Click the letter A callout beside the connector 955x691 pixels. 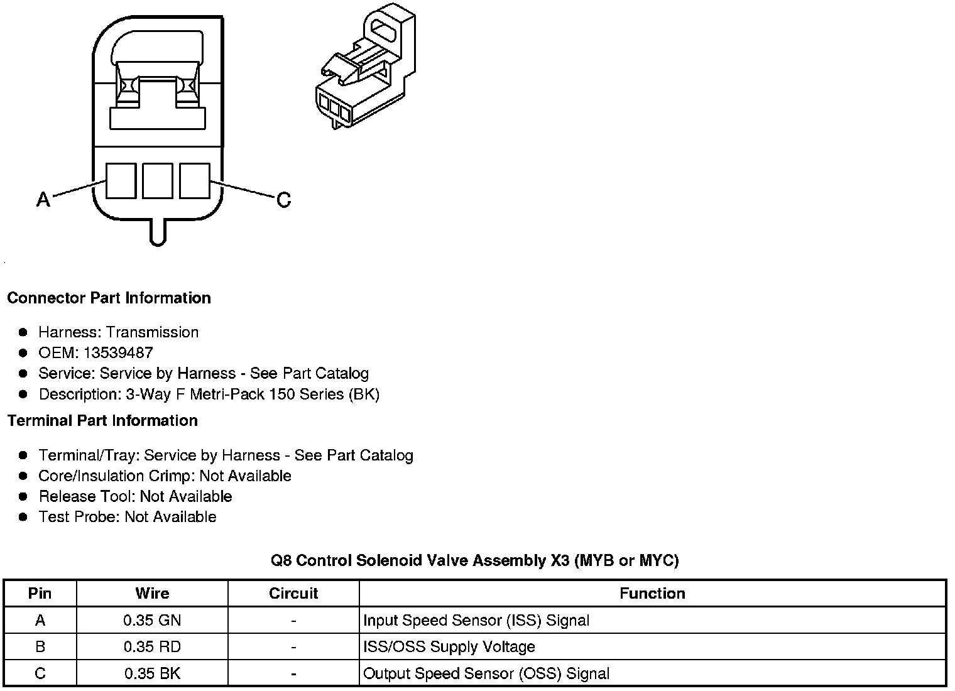(x=43, y=200)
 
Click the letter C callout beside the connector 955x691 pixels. (x=284, y=200)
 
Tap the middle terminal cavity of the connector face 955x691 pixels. (x=158, y=181)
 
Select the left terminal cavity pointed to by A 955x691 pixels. (x=121, y=181)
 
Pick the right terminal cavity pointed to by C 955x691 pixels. (x=195, y=181)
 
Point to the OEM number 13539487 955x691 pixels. (x=118, y=353)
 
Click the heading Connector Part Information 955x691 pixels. (x=109, y=298)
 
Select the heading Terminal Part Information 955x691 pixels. (x=102, y=420)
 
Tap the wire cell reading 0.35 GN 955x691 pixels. (x=152, y=621)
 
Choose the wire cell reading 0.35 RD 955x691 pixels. (x=152, y=647)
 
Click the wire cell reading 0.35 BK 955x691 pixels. (x=152, y=673)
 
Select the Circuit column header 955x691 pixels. (x=293, y=594)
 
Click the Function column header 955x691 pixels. (x=652, y=594)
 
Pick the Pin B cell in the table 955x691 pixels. (x=40, y=647)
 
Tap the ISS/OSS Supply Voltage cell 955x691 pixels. (x=449, y=647)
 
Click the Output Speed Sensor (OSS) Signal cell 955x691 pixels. (x=486, y=673)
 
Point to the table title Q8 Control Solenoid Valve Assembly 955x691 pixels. (x=474, y=560)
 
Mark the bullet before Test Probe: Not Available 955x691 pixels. (x=23, y=517)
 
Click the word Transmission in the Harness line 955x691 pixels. (x=153, y=332)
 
